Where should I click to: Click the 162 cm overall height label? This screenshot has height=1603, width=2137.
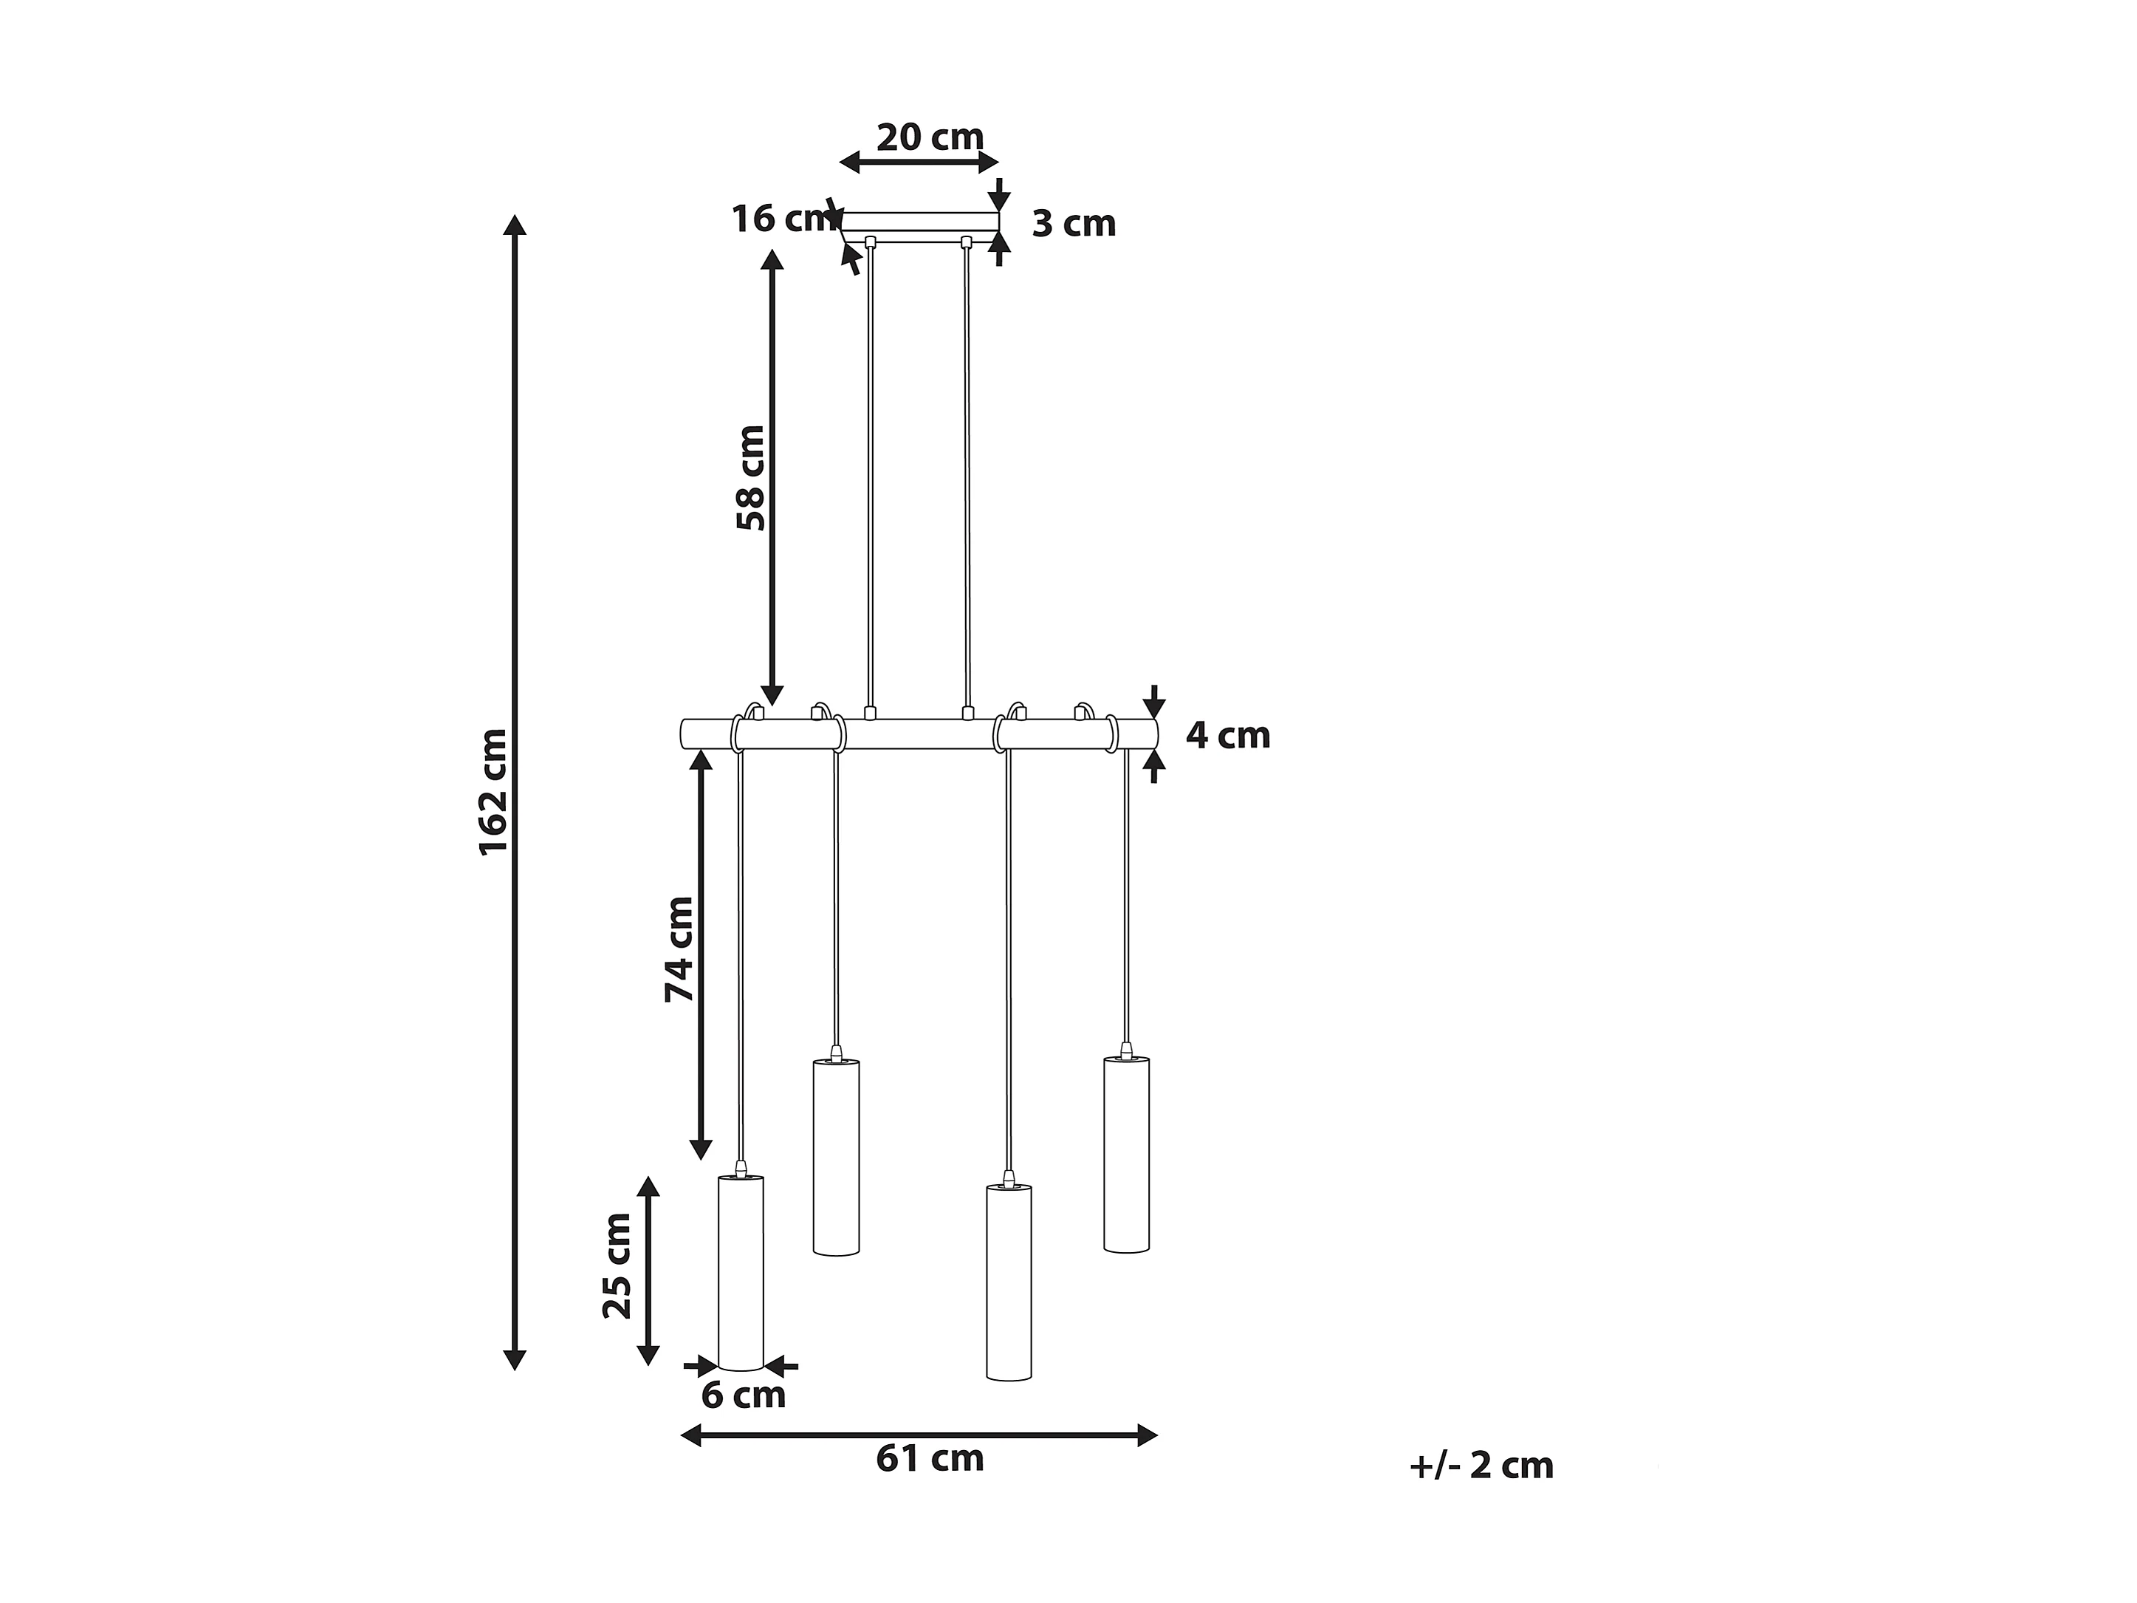click(494, 793)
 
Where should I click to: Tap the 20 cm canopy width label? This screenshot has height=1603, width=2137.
click(930, 137)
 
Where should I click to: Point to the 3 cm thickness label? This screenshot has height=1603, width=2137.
click(1074, 224)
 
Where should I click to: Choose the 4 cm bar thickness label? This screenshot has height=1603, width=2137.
click(1228, 735)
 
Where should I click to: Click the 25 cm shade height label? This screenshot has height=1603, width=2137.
click(617, 1266)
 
